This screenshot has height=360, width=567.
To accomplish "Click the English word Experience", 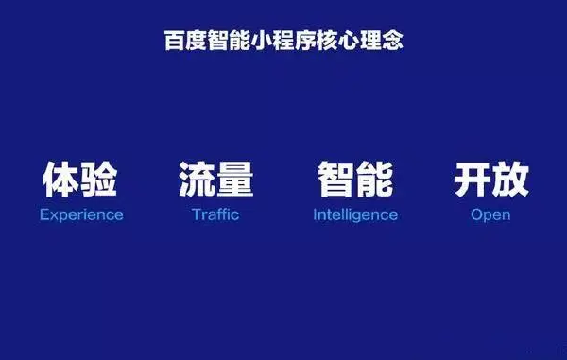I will tap(81, 214).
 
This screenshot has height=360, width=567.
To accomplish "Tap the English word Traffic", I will tap(215, 214).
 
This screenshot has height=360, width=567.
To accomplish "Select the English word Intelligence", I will tap(355, 214).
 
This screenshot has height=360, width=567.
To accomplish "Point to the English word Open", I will tap(490, 214).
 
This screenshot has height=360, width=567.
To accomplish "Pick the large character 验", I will tap(100, 180).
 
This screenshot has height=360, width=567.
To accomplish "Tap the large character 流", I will tap(197, 180).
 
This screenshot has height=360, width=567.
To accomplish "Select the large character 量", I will tap(235, 180).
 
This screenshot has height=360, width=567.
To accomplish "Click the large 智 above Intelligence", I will tap(335, 180).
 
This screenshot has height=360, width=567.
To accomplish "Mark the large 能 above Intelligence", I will tap(374, 180).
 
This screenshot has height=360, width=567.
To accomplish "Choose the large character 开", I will tap(472, 180).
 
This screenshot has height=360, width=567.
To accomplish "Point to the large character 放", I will tap(510, 180).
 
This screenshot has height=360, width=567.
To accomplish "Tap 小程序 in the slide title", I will tap(280, 42).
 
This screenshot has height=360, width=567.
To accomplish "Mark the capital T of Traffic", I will tap(196, 214).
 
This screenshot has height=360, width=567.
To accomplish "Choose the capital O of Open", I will tap(476, 214).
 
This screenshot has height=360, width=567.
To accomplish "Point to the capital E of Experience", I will tap(43, 214).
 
